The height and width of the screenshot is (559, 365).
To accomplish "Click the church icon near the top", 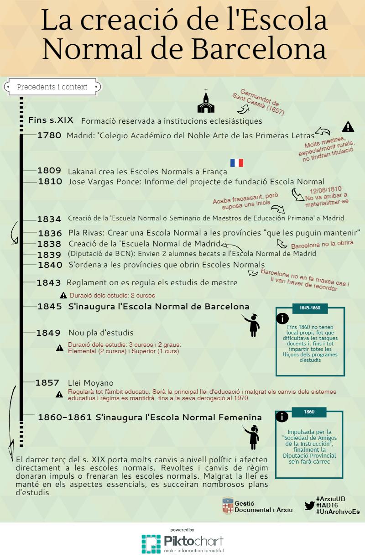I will pyautogui.click(x=206, y=101).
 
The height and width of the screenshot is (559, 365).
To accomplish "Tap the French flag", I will pyautogui.click(x=237, y=163).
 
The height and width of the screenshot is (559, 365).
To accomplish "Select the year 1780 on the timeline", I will pyautogui.click(x=49, y=135).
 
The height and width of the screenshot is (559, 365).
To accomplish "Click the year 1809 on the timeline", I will pyautogui.click(x=49, y=171).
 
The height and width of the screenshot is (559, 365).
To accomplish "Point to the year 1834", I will pyautogui.click(x=49, y=219).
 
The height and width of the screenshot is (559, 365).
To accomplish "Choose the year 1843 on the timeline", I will pyautogui.click(x=49, y=283).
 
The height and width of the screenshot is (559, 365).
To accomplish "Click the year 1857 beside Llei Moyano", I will pyautogui.click(x=47, y=383).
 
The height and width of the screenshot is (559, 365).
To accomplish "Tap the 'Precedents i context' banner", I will pyautogui.click(x=52, y=87).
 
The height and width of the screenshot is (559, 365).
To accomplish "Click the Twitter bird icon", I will pyautogui.click(x=309, y=505).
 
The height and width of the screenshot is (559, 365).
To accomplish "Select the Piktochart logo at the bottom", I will pyautogui.click(x=182, y=543).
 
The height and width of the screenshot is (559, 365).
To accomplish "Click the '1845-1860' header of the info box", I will pyautogui.click(x=310, y=308).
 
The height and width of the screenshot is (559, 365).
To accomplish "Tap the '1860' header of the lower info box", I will pyautogui.click(x=309, y=412).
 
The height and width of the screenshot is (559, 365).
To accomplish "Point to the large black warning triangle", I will pyautogui.click(x=348, y=126).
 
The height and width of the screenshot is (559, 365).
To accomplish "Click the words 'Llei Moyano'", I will pyautogui.click(x=90, y=383).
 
